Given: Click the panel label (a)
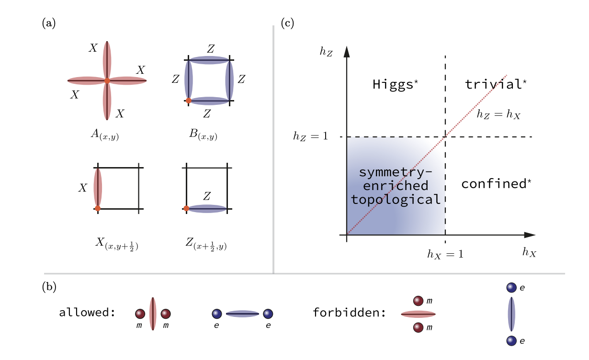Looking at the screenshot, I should (x=49, y=22).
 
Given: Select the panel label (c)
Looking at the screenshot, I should (x=287, y=22).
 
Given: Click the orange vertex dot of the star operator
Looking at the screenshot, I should (x=107, y=81).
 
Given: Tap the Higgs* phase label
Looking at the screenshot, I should (x=396, y=85).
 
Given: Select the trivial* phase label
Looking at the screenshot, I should (x=496, y=85).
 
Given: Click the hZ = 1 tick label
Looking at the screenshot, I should (x=310, y=137).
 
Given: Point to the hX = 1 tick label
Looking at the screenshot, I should (x=445, y=254).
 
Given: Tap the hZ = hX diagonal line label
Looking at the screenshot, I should (x=498, y=115).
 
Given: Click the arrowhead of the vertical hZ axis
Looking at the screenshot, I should (x=347, y=52).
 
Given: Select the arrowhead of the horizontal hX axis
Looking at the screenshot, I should (x=529, y=235).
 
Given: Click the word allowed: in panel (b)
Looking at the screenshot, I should (x=87, y=313).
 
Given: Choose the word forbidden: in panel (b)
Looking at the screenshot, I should (x=349, y=313).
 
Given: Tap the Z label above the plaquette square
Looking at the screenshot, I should (x=210, y=48).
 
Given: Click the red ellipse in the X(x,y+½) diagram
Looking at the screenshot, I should (x=98, y=187).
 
